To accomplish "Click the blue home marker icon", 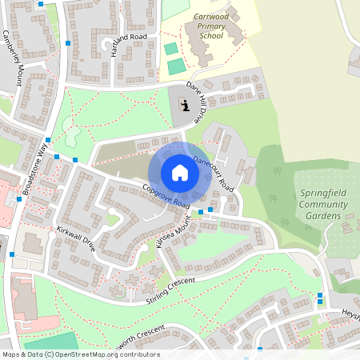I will [180, 173].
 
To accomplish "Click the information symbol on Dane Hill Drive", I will [185, 105].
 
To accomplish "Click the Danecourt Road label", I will [213, 173].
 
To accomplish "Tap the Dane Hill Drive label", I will [201, 101].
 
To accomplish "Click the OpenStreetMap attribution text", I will [80, 354].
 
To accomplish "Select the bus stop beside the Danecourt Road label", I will [210, 210].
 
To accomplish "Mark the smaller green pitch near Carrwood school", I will [171, 49].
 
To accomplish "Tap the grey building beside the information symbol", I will [184, 105].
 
